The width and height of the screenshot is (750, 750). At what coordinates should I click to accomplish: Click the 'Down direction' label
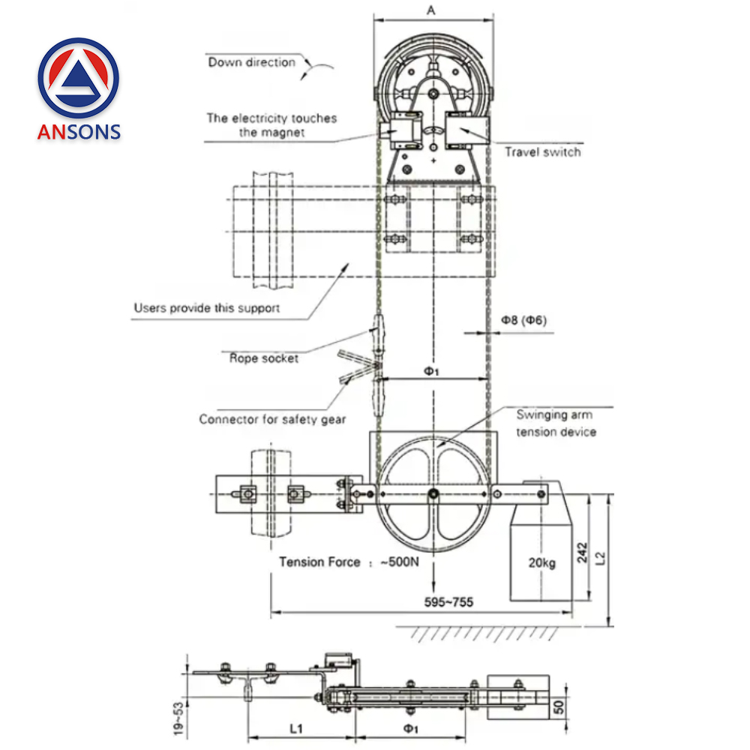pos(251,62)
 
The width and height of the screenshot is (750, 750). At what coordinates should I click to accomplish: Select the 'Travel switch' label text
pos(541,152)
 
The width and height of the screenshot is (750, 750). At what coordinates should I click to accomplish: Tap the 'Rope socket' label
pos(263,358)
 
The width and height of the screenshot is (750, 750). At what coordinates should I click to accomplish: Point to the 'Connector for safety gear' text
pos(272,419)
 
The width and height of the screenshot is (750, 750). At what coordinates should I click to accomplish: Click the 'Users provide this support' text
pos(206,307)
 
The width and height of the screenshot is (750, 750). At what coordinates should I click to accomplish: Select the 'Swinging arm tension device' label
pos(555,424)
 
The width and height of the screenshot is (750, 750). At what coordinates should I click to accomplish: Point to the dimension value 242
pos(583,553)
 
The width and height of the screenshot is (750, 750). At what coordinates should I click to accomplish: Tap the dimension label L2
pos(599,557)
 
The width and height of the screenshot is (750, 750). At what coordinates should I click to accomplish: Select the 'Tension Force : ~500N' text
pos(349,562)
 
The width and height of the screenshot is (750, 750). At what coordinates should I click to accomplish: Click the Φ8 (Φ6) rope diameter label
pos(523,320)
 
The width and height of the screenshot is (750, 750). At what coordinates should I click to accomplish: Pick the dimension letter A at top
pos(430,10)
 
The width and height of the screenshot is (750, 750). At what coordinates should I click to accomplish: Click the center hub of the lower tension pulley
pos(433,493)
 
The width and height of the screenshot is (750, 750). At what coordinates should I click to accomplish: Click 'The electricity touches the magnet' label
pos(271,125)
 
